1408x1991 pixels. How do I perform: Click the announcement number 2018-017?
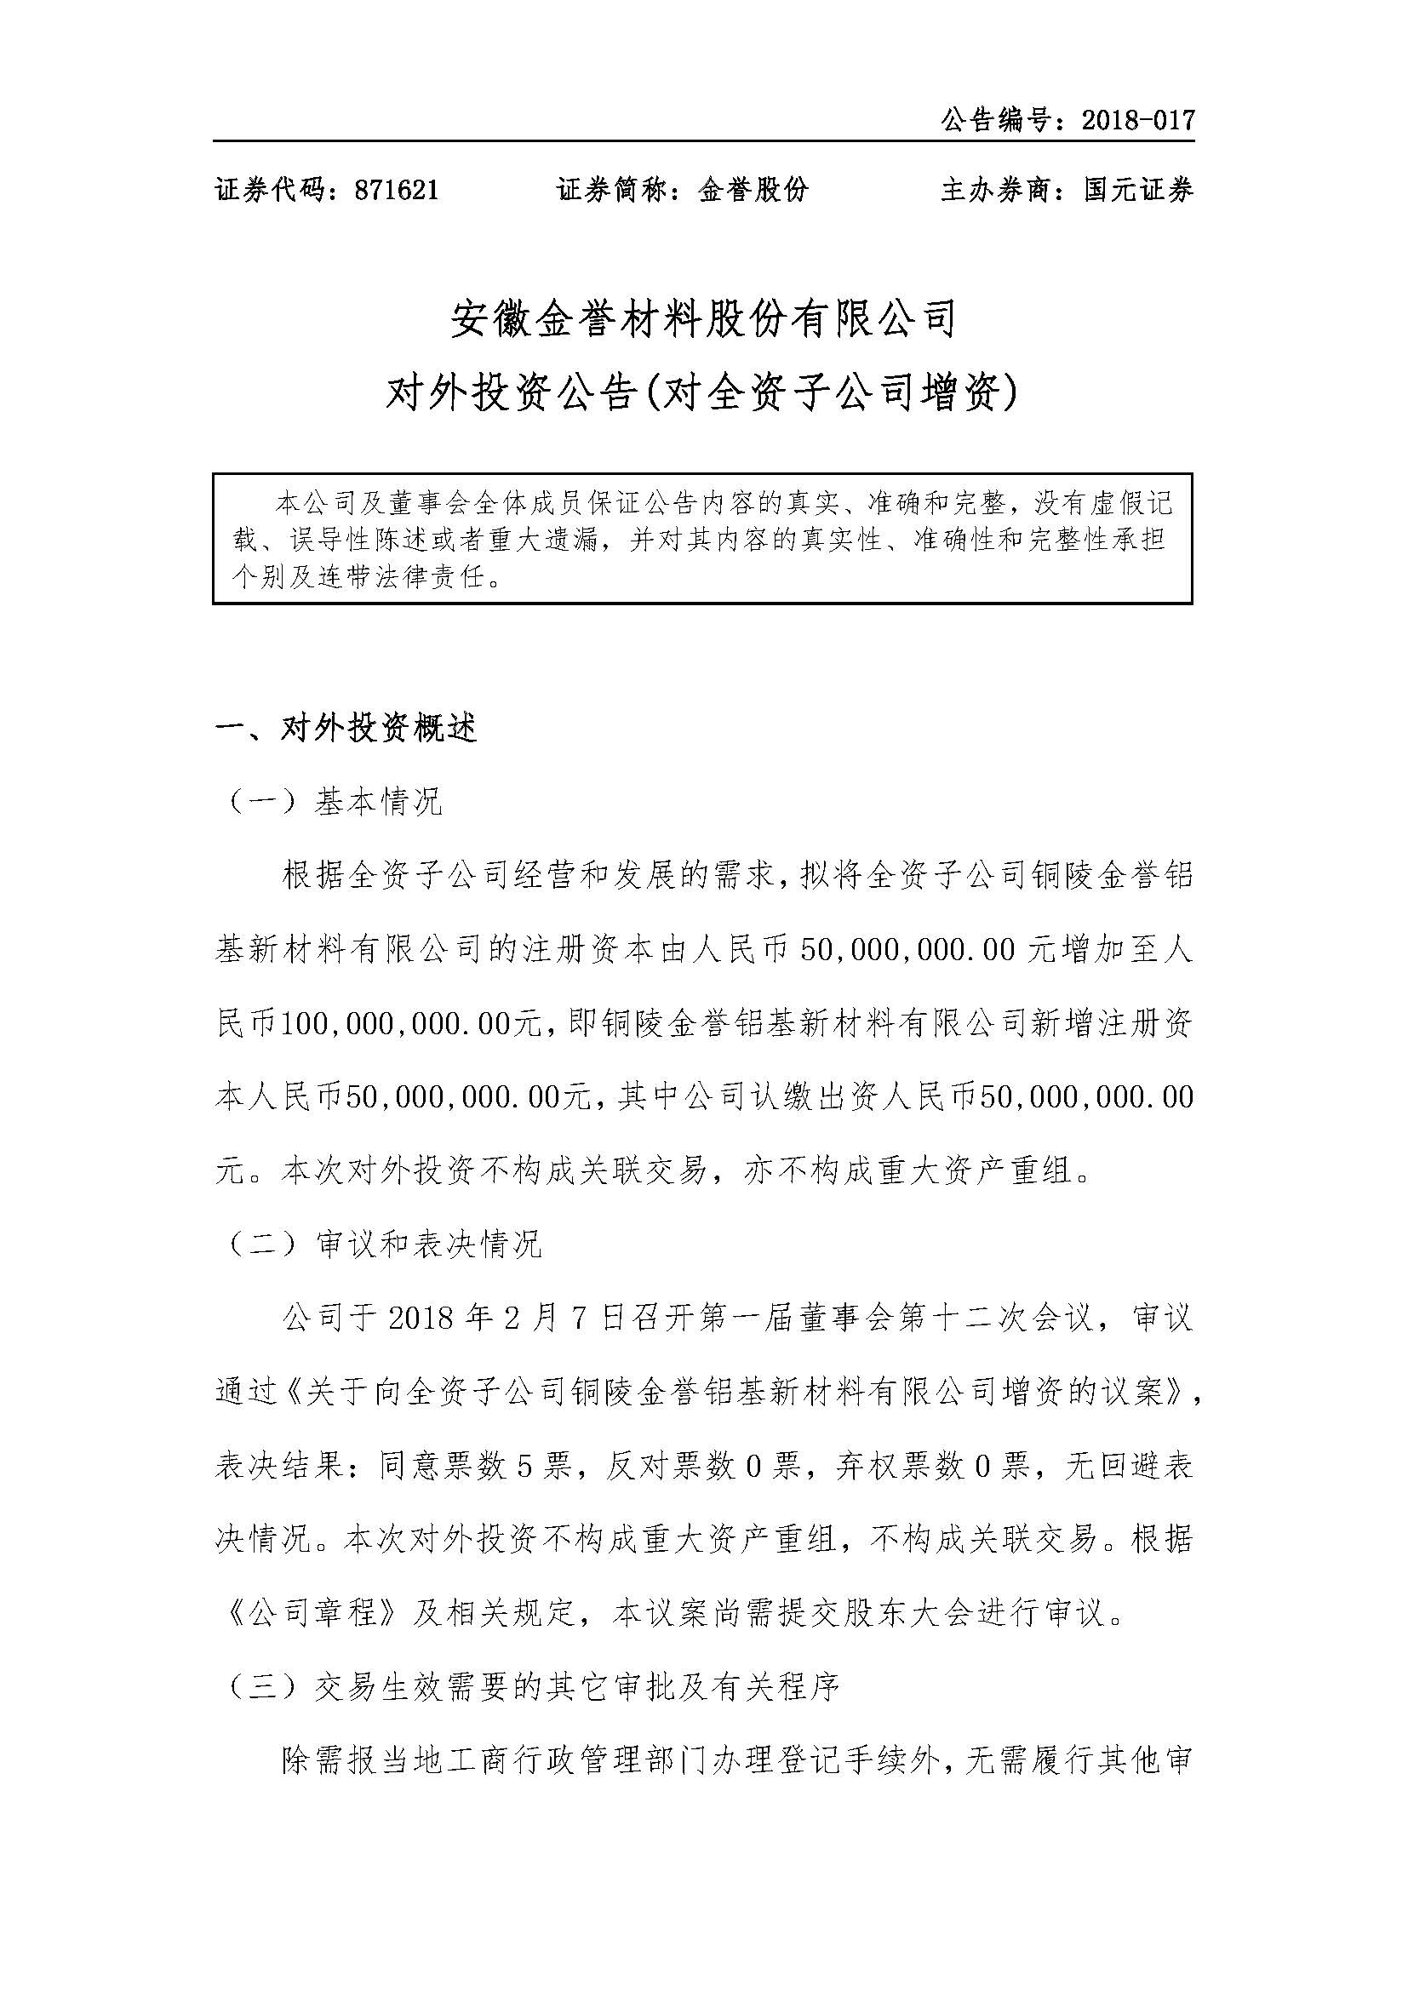click(1138, 120)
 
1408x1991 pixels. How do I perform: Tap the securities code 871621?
click(397, 190)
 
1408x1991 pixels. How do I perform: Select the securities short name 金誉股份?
click(753, 190)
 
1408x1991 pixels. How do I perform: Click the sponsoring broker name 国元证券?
click(1138, 190)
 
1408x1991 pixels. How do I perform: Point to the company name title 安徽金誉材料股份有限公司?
click(703, 319)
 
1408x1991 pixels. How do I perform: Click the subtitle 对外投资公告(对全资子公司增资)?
click(703, 396)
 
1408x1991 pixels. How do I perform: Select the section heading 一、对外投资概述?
click(346, 729)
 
